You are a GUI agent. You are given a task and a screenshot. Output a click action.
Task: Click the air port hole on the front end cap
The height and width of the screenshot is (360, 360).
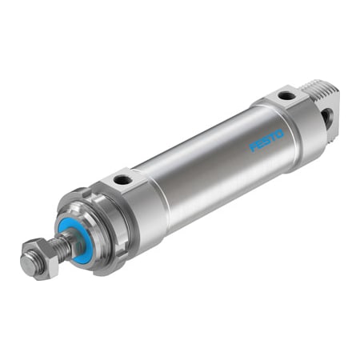[122, 181]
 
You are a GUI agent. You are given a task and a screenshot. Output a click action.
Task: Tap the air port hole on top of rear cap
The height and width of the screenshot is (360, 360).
[286, 97]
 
